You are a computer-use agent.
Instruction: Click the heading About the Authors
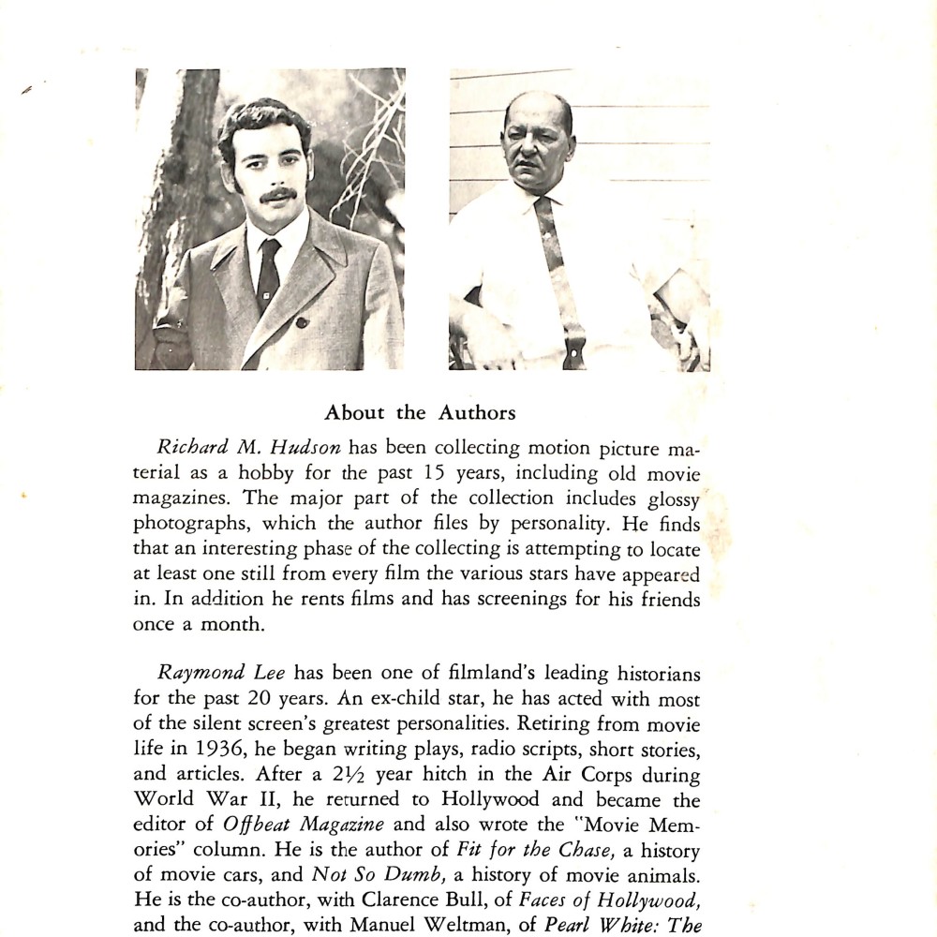[x=419, y=412]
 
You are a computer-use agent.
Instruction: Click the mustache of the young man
[x=277, y=195]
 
